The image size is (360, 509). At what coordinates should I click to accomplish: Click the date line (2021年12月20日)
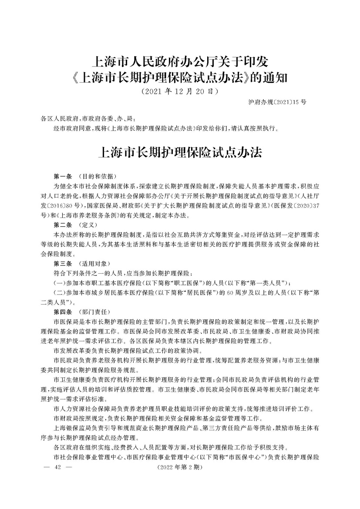click(180, 92)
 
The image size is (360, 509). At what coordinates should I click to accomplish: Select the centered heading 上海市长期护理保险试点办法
click(180, 153)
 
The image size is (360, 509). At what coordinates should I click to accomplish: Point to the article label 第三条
click(62, 264)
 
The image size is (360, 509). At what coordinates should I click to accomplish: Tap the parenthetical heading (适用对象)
click(95, 264)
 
